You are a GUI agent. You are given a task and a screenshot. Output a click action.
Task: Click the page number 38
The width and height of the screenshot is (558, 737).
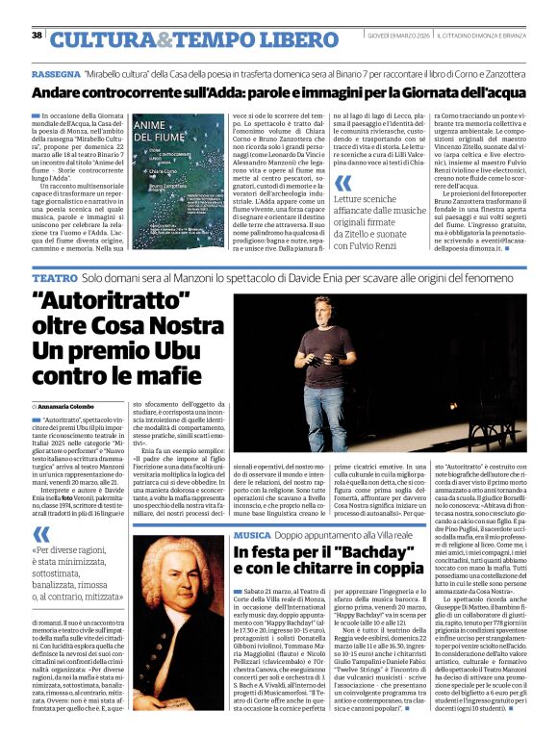click(37, 36)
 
